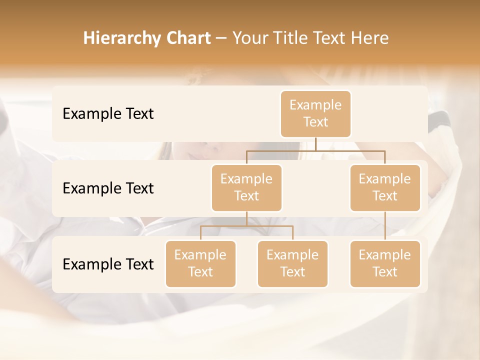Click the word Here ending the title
(x=370, y=38)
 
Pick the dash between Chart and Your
(x=221, y=39)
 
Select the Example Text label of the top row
(x=108, y=114)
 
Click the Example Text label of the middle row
(x=108, y=188)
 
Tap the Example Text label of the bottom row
(x=108, y=264)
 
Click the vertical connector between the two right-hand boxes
(x=385, y=226)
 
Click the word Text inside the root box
(x=315, y=122)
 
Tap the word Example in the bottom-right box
(x=385, y=255)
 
